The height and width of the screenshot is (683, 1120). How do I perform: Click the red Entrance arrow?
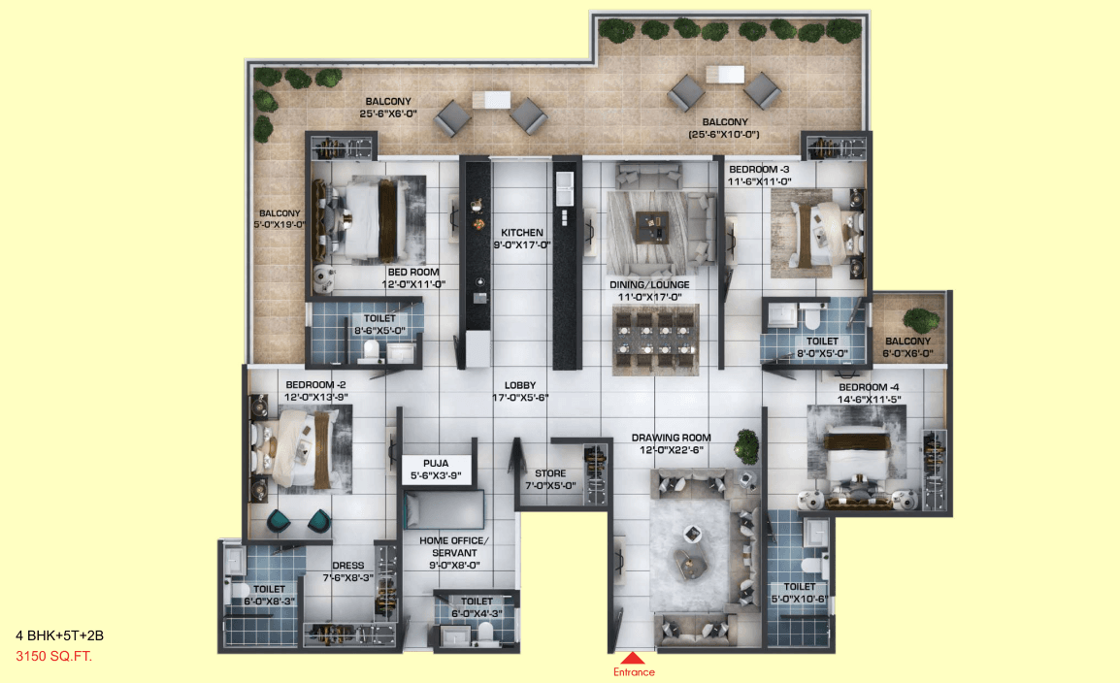pos(632,658)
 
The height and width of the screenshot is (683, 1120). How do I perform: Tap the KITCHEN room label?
pos(521,233)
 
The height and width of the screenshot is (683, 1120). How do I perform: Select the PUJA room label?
pos(436,463)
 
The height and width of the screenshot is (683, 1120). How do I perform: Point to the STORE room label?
pos(550,473)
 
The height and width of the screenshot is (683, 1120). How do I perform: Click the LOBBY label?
pos(520,385)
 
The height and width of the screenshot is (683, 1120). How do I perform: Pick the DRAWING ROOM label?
pos(671,438)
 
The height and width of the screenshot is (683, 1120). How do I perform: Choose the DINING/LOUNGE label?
pos(649,285)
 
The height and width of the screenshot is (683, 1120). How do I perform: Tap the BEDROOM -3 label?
pos(759,169)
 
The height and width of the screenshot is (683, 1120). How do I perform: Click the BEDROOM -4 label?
pos(869,387)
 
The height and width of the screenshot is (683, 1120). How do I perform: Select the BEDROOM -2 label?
pos(315,385)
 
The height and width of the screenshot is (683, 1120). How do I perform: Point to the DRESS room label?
pos(347,566)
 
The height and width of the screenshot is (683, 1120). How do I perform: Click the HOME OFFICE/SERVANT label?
pos(453,546)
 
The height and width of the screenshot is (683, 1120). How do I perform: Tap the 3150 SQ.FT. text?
pos(53,656)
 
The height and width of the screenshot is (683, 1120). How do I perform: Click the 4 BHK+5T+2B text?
pos(59,635)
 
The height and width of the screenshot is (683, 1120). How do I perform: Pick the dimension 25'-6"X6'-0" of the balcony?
pos(388,114)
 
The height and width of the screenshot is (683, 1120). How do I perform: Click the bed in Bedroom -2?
pos(295,449)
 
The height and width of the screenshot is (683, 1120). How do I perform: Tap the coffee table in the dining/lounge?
pos(652,227)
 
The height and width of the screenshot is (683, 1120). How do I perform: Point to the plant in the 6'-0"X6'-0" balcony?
pos(921,321)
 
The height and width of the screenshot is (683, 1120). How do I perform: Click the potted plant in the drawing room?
pos(746,445)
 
